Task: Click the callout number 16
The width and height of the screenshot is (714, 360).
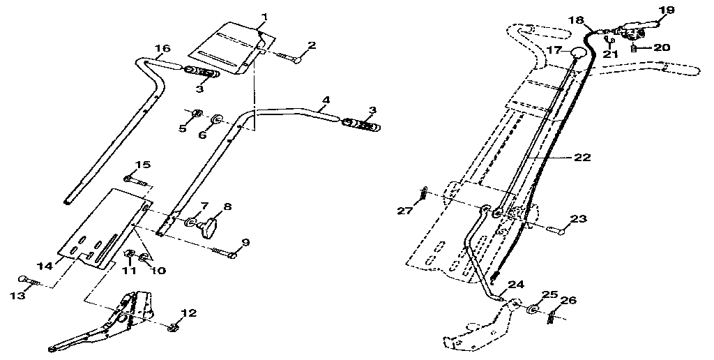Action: [x=162, y=48]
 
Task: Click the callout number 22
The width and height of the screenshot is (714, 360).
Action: [x=583, y=158]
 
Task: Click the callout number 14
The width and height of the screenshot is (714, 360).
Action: [x=45, y=266]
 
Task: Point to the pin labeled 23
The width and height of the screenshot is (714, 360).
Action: [x=558, y=227]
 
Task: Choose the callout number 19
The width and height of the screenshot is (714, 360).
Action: [x=667, y=10]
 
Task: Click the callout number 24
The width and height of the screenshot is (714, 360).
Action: [x=516, y=284]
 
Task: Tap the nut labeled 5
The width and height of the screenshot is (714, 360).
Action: [x=197, y=114]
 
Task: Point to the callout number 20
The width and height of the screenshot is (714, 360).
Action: [x=662, y=47]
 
